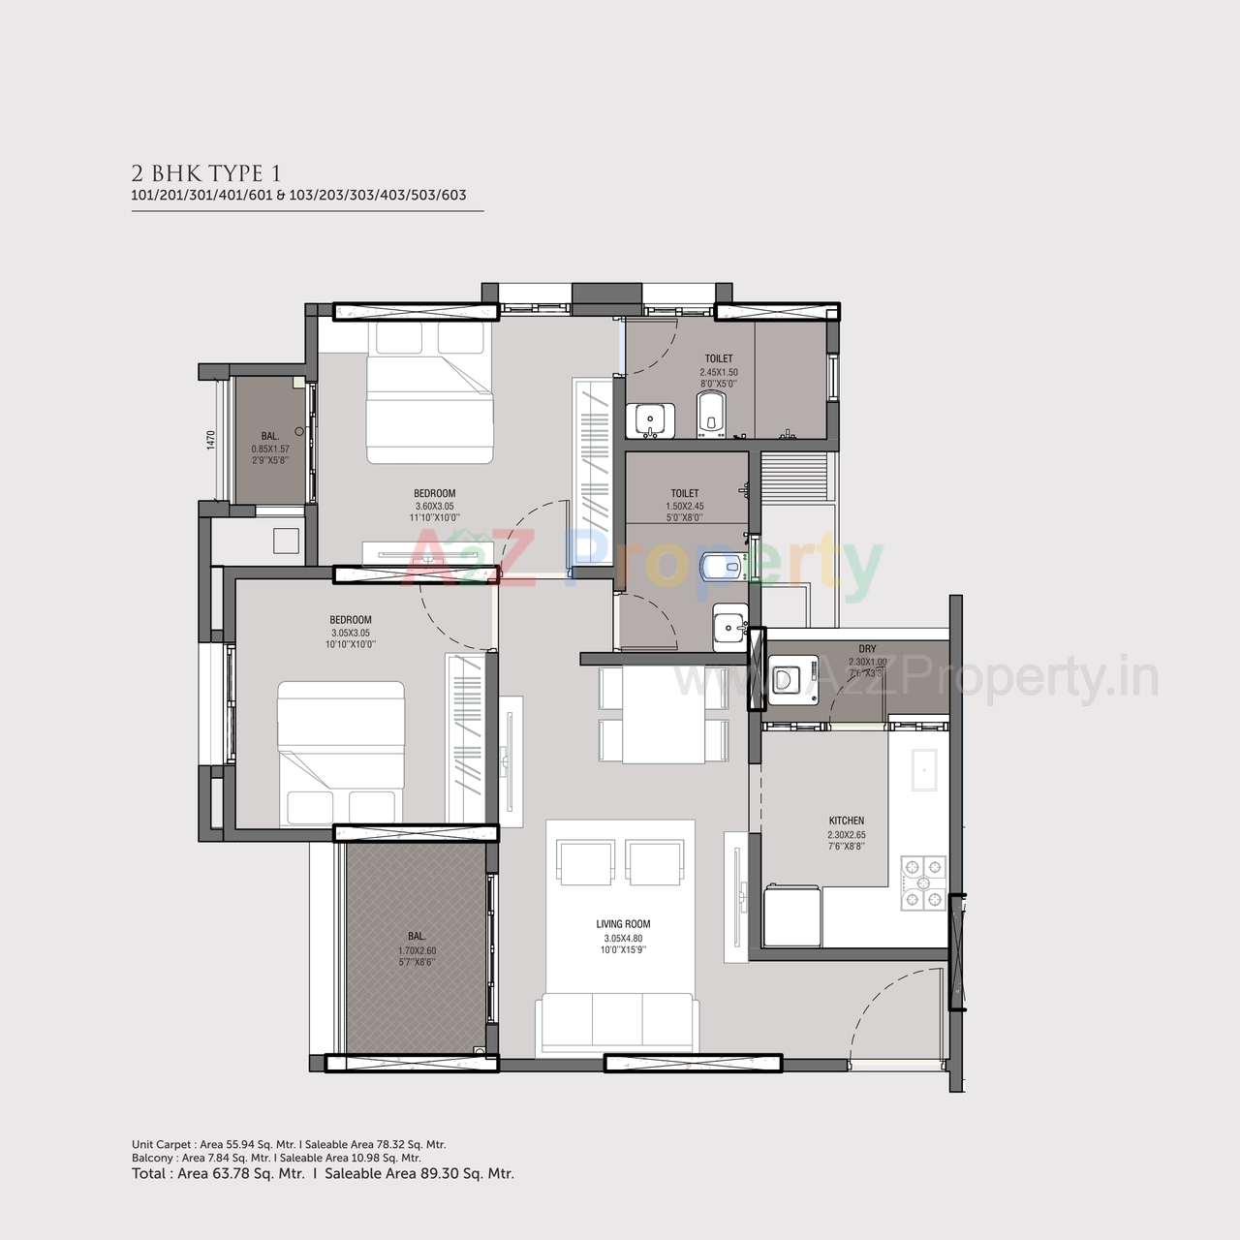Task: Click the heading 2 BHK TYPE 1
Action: click(x=206, y=173)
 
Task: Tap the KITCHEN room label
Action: click(x=846, y=821)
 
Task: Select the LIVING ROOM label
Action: click(x=623, y=924)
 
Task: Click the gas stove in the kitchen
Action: click(x=922, y=883)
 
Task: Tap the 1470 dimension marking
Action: click(x=210, y=440)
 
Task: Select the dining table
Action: click(x=663, y=716)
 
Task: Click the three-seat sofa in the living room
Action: click(x=618, y=1023)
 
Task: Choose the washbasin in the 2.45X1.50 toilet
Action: click(x=648, y=420)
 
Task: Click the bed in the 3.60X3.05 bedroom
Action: click(x=428, y=395)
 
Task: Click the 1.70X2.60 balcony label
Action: click(x=417, y=949)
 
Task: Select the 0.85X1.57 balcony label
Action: click(x=270, y=448)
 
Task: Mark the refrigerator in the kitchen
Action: click(x=791, y=916)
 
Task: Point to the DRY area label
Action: click(x=867, y=649)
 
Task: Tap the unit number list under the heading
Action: click(x=298, y=195)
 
